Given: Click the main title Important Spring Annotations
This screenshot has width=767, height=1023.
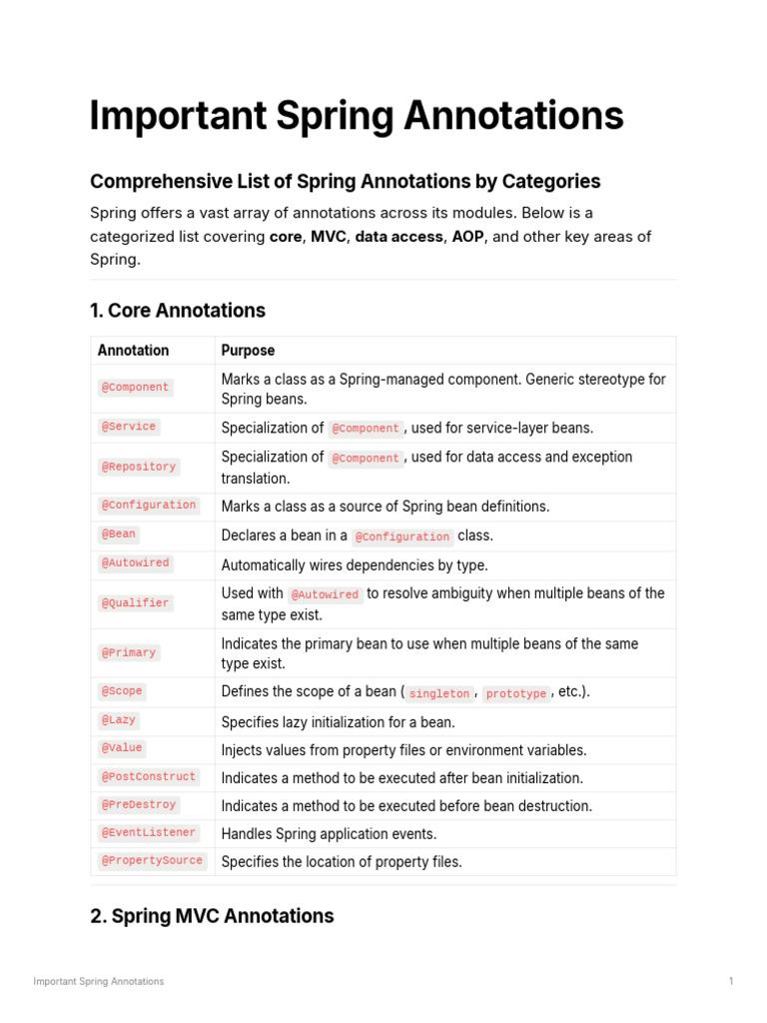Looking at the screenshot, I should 357,116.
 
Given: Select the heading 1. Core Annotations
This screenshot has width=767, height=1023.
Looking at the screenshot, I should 178,311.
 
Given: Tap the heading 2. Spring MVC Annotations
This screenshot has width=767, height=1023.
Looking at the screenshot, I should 212,916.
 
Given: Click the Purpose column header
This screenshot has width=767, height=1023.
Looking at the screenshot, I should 248,351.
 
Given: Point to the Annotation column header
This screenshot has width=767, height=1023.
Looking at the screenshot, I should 133,351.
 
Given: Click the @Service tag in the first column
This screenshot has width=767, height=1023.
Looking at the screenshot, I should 129,427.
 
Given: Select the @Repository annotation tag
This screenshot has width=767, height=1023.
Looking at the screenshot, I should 139,467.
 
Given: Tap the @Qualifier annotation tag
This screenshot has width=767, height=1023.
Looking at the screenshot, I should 136,603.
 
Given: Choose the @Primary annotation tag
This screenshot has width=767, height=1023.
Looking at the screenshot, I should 129,652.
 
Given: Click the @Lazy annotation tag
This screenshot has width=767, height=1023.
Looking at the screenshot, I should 119,720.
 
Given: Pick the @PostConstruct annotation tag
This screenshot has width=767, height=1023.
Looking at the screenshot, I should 149,776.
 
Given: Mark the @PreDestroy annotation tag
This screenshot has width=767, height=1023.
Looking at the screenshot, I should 139,804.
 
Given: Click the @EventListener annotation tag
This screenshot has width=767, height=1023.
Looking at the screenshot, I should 149,832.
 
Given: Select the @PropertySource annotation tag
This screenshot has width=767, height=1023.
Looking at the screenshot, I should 152,860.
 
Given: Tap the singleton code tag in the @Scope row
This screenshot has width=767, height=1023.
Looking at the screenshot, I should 439,693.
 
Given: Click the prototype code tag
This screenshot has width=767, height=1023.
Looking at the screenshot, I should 516,693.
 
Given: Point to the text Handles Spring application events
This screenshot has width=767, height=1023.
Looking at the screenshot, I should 329,833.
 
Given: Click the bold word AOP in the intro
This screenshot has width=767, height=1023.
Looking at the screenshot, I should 467,237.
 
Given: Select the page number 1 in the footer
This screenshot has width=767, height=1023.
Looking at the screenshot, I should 731,981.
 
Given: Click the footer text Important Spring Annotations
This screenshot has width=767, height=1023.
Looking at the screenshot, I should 98,981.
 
